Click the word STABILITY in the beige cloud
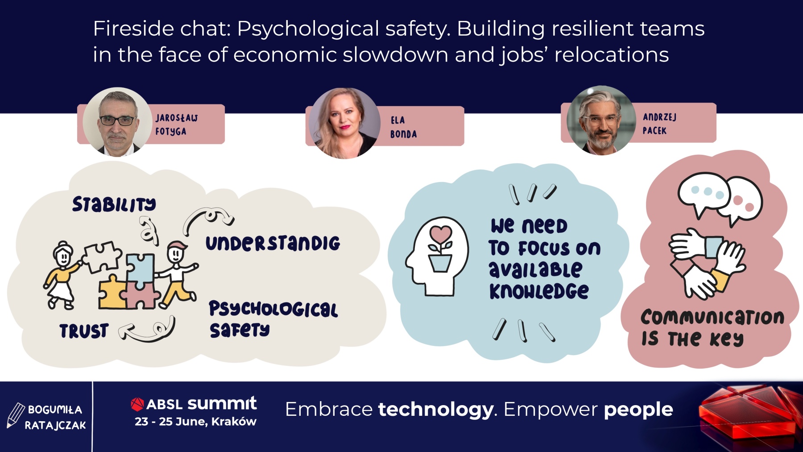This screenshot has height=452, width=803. click(114, 204)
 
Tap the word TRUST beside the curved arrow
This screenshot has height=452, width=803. click(84, 331)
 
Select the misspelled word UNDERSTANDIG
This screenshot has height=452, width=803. click(273, 243)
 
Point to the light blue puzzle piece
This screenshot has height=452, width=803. click(140, 270)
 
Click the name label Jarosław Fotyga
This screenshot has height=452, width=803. click(177, 124)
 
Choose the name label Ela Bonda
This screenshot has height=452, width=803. click(403, 127)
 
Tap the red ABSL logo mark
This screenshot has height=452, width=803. click(137, 404)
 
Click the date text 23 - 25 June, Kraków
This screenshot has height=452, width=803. click(195, 422)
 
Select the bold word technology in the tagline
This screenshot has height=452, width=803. click(436, 410)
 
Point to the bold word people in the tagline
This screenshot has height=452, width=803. click(638, 410)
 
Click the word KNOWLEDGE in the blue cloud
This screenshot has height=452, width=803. click(539, 291)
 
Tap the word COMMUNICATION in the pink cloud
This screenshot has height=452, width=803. click(712, 317)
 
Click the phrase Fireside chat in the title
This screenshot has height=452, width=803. click(161, 29)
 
